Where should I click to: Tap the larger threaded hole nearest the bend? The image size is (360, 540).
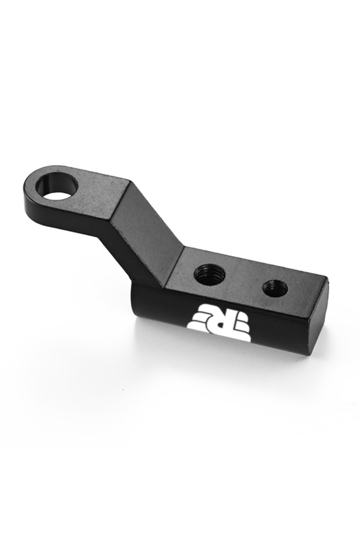click(x=209, y=274)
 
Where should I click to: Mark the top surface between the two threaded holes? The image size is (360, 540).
click(x=244, y=281)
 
